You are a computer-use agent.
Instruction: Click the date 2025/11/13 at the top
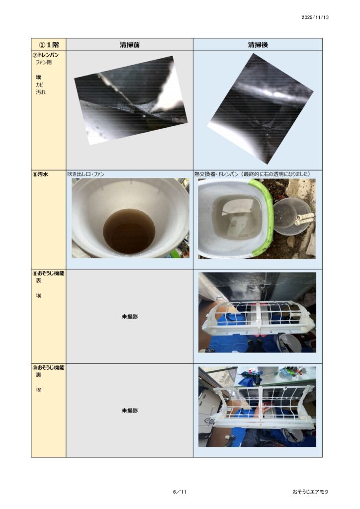coord(315,17)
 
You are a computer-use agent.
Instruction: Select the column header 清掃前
coord(129,45)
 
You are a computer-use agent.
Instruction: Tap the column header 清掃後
coord(258,45)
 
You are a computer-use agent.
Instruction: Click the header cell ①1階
coord(49,45)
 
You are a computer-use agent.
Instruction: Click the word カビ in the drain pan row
coord(39,85)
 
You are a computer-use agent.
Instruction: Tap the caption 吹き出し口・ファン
coord(86,174)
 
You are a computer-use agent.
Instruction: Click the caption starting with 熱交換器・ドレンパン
coord(252,174)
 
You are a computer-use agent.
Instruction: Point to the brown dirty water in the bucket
coord(129,231)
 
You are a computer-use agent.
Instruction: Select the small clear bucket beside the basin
coord(290,217)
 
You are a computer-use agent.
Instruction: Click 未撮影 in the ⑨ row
coord(129,317)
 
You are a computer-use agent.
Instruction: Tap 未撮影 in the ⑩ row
coord(129,411)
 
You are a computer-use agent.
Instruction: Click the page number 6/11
coord(180,492)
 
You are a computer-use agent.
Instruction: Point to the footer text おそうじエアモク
coord(310,492)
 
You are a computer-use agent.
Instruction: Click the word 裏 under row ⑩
coord(38,375)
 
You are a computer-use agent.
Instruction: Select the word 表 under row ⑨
coord(38,281)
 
